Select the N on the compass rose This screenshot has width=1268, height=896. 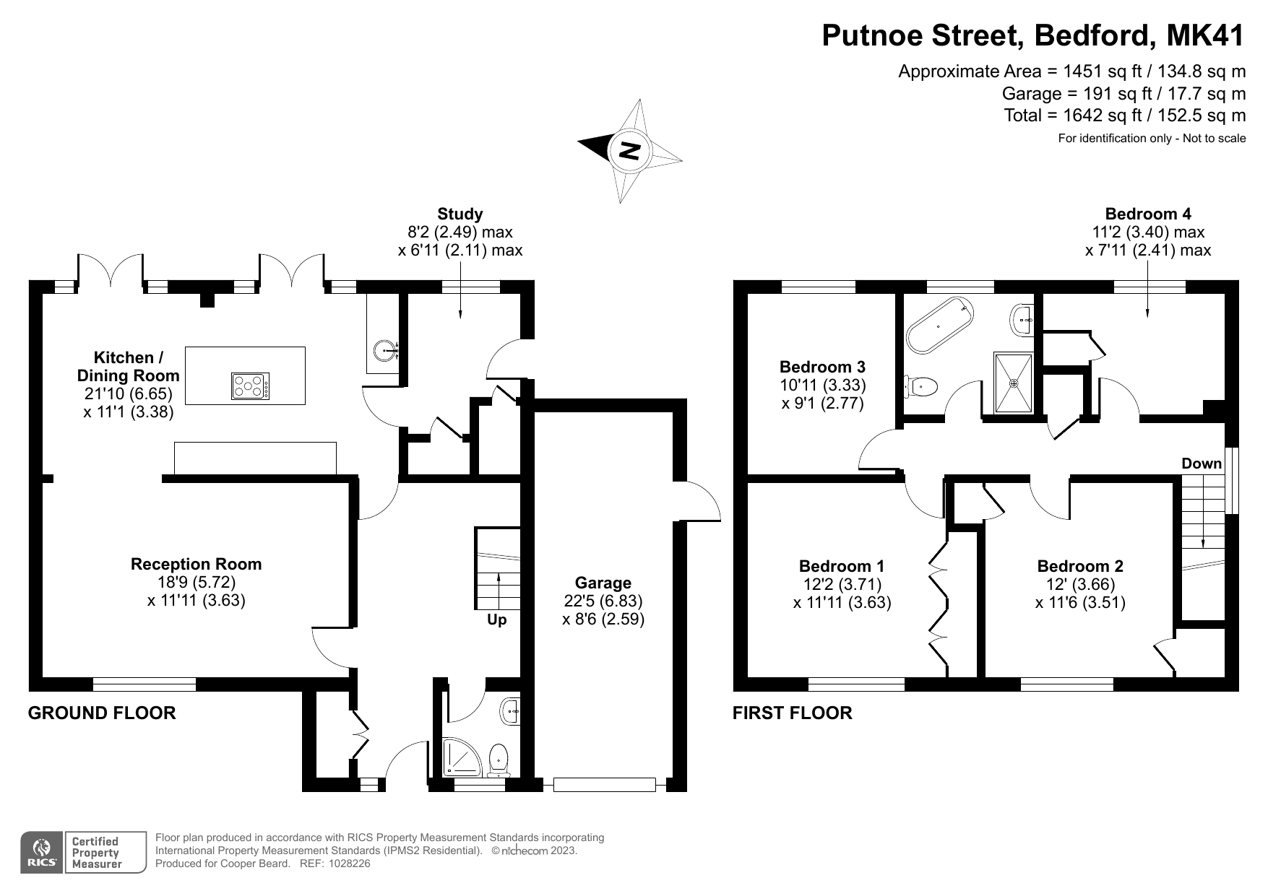[x=630, y=151]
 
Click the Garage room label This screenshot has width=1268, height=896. [x=603, y=583]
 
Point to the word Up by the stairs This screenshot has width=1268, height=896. [x=497, y=619]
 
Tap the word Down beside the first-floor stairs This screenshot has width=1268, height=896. [x=1202, y=464]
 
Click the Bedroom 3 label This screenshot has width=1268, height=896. [x=822, y=367]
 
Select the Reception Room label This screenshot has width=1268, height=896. [x=197, y=564]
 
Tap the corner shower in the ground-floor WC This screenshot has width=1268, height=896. [x=460, y=757]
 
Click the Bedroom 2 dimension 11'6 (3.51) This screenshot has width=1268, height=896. [x=1080, y=603]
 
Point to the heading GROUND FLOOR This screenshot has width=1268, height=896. [x=102, y=713]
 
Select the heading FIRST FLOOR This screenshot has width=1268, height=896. [x=793, y=713]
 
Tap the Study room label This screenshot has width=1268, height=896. [x=460, y=214]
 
